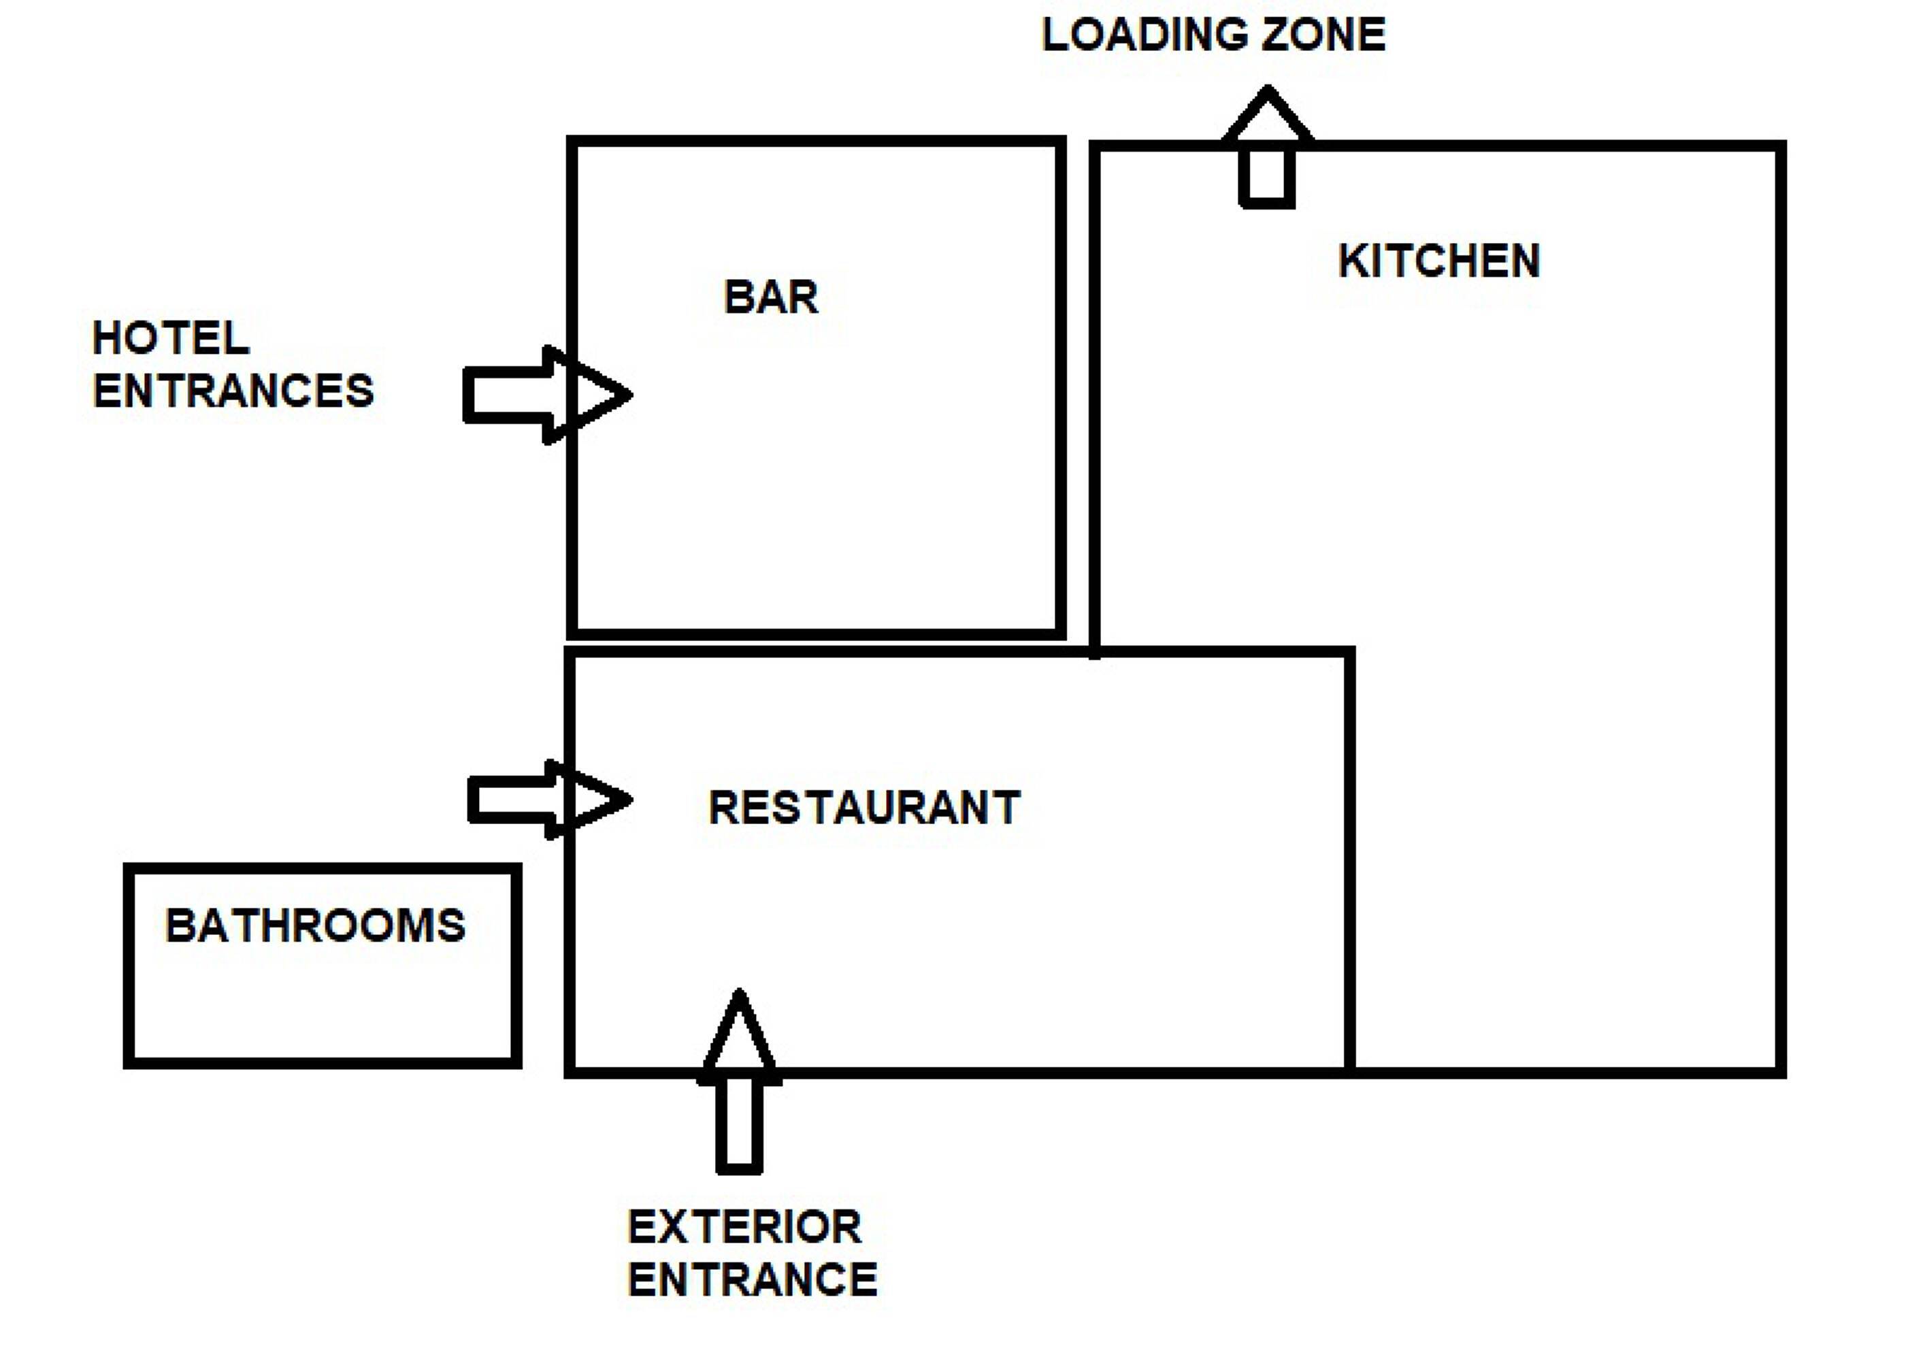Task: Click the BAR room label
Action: [770, 297]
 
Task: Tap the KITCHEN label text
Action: [1438, 261]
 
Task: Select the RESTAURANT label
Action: [864, 808]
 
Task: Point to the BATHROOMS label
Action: [315, 926]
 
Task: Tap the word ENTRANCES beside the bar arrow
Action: [233, 391]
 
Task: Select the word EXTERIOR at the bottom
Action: [744, 1228]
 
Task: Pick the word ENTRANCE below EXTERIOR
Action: [752, 1280]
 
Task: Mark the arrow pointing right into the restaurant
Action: [550, 800]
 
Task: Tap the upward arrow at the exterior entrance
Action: [739, 1081]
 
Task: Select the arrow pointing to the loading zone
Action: [1267, 147]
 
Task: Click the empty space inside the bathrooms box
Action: [323, 1006]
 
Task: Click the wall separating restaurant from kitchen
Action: [1349, 861]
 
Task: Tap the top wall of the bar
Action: [817, 142]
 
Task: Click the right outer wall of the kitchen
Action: [1780, 609]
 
